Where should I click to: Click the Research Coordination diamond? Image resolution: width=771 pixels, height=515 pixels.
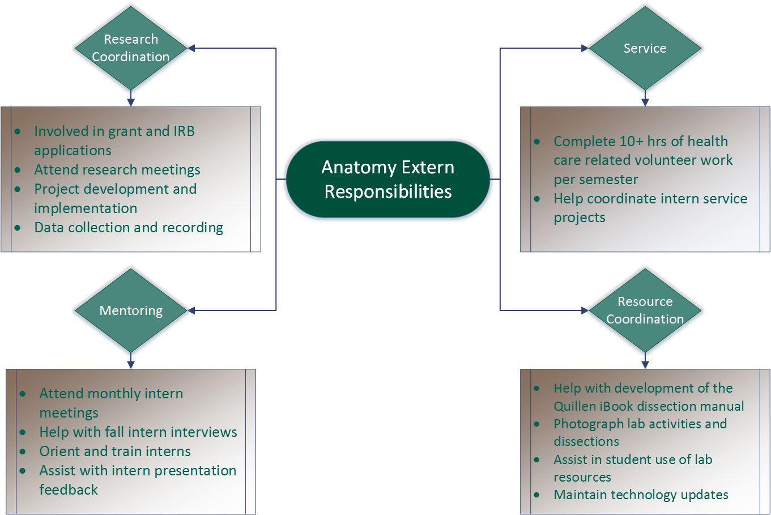[x=131, y=48]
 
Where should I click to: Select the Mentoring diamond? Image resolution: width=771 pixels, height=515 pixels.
[x=131, y=310]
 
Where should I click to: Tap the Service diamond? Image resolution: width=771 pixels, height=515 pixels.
[x=645, y=48]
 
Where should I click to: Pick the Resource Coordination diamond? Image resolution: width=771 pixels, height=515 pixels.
[x=645, y=310]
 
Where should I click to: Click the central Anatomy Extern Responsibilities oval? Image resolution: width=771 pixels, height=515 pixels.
[x=388, y=179]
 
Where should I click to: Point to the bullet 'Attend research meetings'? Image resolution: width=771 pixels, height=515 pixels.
[x=117, y=170]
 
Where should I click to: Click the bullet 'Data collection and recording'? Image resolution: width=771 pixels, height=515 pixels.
[x=129, y=228]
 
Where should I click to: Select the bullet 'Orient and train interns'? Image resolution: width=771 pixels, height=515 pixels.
[x=115, y=452]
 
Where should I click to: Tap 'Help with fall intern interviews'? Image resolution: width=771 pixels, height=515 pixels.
[x=138, y=432]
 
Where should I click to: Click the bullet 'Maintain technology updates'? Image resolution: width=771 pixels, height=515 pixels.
[x=641, y=495]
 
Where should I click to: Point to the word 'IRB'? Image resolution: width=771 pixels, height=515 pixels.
[x=181, y=131]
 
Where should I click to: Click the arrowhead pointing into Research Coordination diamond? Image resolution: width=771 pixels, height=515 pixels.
[x=191, y=48]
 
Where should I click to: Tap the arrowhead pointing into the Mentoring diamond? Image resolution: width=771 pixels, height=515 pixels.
[x=191, y=310]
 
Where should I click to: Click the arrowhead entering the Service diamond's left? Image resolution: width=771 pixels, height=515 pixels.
[x=585, y=48]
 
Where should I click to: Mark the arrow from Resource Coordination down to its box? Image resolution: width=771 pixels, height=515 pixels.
[x=645, y=361]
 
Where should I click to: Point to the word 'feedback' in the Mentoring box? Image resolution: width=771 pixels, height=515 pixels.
[x=69, y=490]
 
